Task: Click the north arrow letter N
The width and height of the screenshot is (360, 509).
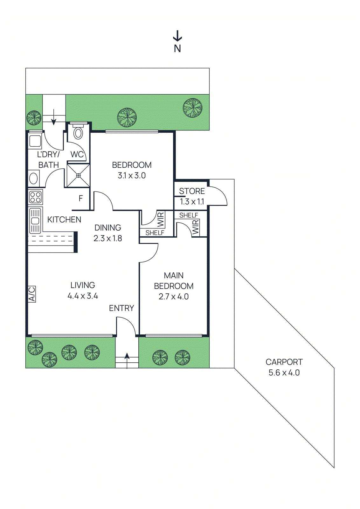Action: [177, 49]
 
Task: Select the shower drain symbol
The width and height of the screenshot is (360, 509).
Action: [78, 175]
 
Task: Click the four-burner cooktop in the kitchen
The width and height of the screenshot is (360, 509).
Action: [35, 197]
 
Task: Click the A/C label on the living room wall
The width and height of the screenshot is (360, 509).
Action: [32, 294]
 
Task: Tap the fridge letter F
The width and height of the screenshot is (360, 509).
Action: [81, 199]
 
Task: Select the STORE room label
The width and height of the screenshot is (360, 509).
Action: [192, 191]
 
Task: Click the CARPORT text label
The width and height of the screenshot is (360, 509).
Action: [284, 362]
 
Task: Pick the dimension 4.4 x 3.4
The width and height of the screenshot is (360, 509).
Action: [83, 296]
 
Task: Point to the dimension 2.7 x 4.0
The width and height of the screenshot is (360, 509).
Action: [174, 296]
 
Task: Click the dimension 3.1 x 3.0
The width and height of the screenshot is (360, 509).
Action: [132, 175]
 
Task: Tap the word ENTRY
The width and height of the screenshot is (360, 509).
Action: [121, 308]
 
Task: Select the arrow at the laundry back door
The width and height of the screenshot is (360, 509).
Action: [54, 117]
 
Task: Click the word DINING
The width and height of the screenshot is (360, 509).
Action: [108, 228]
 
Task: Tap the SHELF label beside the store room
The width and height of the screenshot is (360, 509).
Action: [189, 215]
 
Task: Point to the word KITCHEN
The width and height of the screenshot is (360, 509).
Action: [64, 220]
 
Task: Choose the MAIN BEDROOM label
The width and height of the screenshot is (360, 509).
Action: [174, 281]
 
